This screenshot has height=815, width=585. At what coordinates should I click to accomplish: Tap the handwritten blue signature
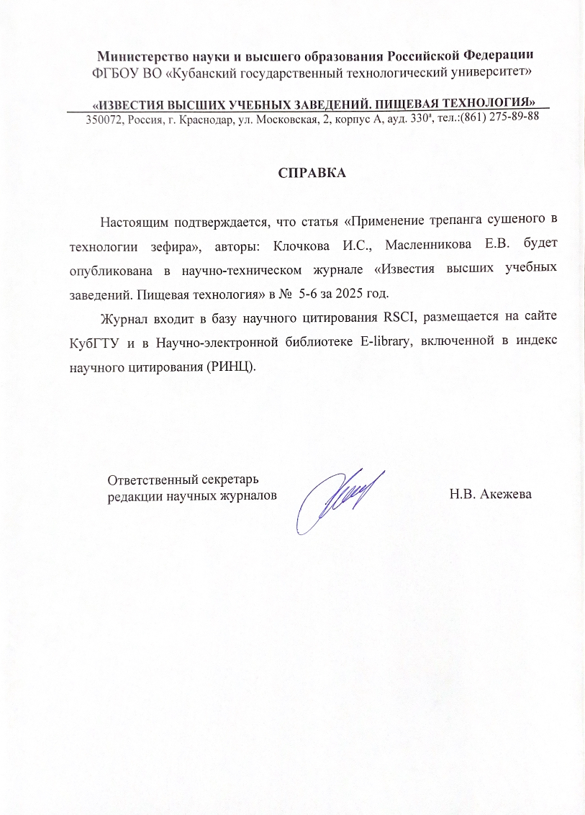point(339,496)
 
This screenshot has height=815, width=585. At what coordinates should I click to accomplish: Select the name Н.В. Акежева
point(490,494)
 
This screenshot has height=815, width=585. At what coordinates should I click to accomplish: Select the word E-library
point(386,341)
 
